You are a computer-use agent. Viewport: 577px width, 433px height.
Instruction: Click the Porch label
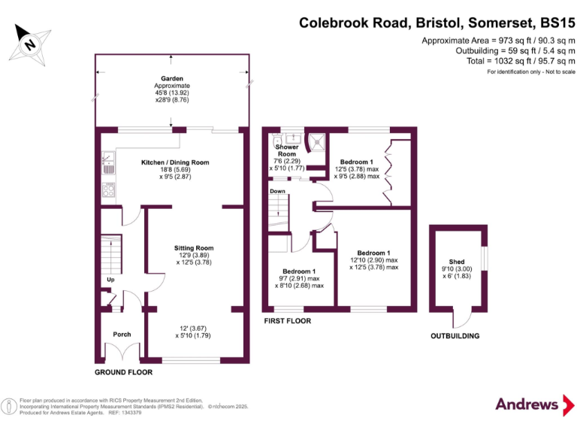click(x=122, y=335)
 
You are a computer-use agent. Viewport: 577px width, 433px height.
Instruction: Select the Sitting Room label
click(x=194, y=248)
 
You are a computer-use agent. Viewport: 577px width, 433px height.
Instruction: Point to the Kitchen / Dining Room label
click(x=175, y=162)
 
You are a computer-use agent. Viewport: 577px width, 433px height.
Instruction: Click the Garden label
click(x=171, y=78)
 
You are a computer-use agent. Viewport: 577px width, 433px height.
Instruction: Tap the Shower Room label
click(x=286, y=151)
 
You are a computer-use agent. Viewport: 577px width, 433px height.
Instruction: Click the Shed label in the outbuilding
click(x=456, y=262)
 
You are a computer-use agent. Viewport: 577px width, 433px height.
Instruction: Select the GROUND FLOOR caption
click(x=123, y=372)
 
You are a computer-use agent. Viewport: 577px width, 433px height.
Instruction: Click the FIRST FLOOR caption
click(x=287, y=321)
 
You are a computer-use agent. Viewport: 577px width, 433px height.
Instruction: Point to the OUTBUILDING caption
click(x=455, y=336)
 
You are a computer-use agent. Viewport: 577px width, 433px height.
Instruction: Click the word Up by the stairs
click(x=110, y=281)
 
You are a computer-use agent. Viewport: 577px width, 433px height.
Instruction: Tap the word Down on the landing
click(x=278, y=192)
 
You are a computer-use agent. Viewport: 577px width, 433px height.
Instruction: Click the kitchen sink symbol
click(x=108, y=160)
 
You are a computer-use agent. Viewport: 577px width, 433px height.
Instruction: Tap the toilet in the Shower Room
click(x=276, y=141)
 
